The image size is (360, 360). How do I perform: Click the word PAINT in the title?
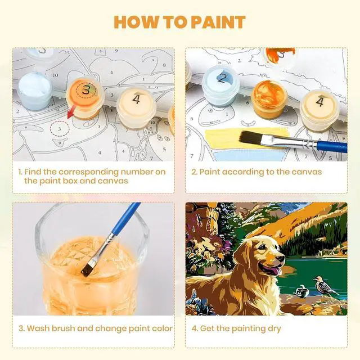218,22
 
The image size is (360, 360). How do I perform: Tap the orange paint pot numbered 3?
85,97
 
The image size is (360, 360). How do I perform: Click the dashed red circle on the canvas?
60,129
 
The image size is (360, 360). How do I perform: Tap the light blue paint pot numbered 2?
220,86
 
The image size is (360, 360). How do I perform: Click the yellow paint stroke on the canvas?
244,139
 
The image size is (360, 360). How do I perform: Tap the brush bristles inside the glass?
87,269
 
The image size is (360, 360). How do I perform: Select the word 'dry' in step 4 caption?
274,329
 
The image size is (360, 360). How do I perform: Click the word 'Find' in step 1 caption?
33,172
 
